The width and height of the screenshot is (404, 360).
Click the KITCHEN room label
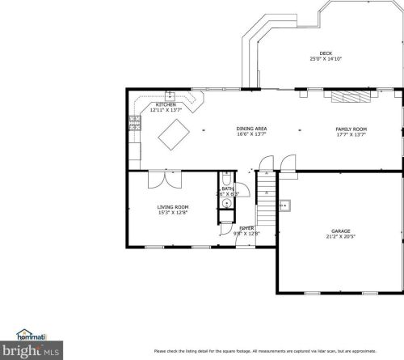point(166,105)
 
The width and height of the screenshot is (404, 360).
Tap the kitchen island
point(174,133)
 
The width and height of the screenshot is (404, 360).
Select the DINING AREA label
point(251,129)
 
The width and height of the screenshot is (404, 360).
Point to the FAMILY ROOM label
point(351,129)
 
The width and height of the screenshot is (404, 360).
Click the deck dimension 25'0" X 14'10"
point(326,60)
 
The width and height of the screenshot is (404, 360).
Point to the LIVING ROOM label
point(172,207)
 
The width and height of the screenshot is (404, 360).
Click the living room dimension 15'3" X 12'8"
point(172,213)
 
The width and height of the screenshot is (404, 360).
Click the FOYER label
point(246,229)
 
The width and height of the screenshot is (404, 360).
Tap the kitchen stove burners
point(133,123)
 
